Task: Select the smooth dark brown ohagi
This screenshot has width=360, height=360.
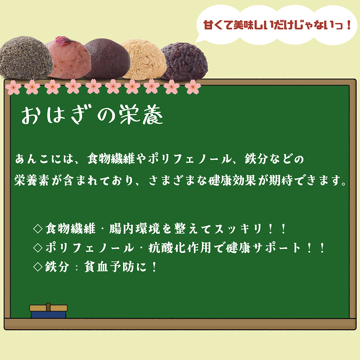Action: (x=107, y=58)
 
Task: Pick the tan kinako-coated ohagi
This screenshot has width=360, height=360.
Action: (x=144, y=59)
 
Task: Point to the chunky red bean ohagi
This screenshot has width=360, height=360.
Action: (x=184, y=61)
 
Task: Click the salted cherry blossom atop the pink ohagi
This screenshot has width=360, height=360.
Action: (x=65, y=40)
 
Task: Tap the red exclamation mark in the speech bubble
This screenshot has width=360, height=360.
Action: (x=349, y=25)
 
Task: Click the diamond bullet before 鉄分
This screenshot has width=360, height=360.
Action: (x=38, y=267)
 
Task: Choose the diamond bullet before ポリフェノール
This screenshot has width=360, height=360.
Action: (x=38, y=248)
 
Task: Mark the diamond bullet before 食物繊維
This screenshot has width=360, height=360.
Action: (x=38, y=229)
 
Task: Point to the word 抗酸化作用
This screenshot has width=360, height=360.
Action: (x=180, y=248)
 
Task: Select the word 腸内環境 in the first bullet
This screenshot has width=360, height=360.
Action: (x=135, y=229)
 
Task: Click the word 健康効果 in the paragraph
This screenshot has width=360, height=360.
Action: (x=232, y=180)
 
